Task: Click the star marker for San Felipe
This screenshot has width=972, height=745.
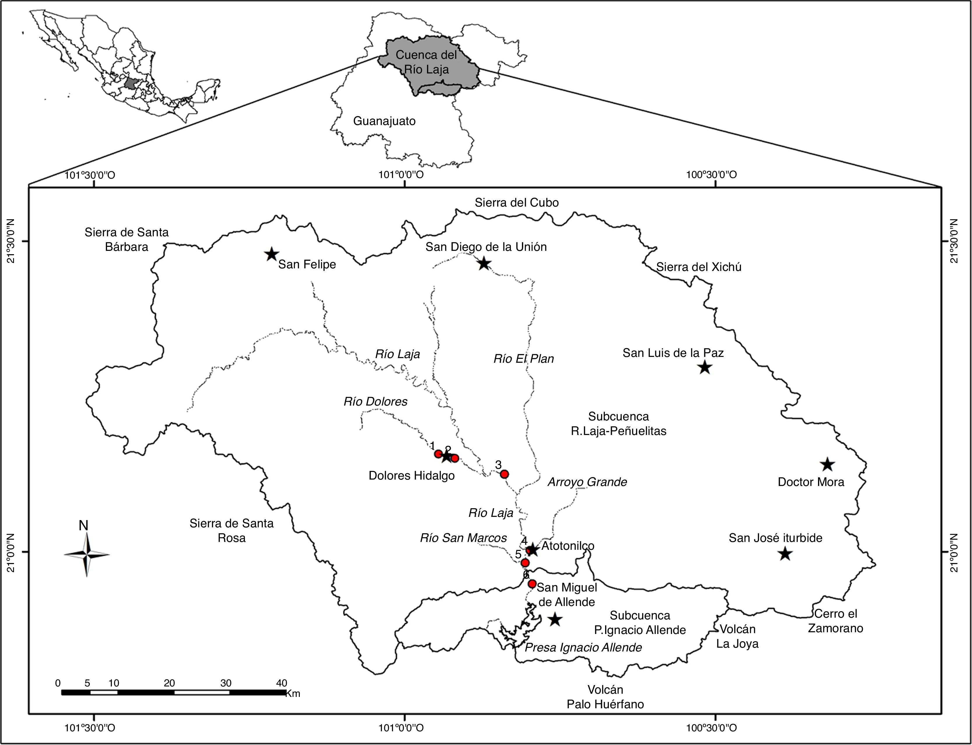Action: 272,255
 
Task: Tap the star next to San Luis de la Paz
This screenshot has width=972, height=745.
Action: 704,367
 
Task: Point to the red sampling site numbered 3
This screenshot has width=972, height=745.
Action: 504,474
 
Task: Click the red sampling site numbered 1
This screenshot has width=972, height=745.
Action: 438,454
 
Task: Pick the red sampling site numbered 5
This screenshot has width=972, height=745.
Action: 525,563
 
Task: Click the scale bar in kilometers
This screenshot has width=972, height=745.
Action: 173,692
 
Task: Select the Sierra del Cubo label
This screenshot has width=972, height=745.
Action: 517,203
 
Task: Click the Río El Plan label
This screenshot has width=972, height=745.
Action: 524,358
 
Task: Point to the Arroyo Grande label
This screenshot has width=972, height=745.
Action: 587,482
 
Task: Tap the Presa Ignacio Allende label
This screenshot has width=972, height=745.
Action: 583,647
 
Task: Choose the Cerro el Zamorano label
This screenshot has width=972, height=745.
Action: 835,621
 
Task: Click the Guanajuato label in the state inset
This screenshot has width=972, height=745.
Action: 384,121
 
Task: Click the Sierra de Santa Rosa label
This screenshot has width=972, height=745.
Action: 232,530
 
